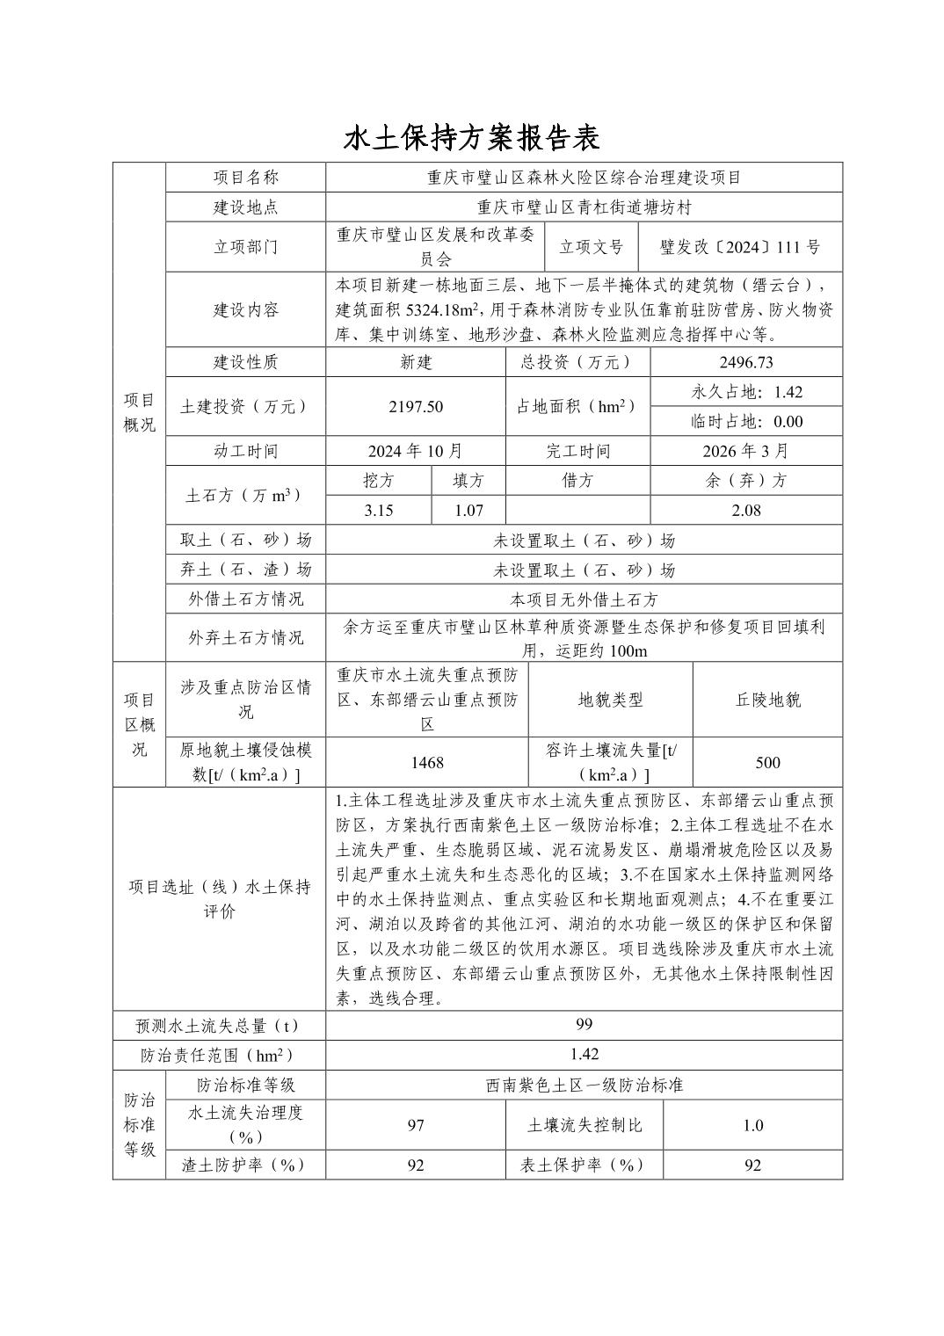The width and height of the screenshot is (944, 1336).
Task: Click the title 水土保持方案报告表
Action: pyautogui.click(x=471, y=138)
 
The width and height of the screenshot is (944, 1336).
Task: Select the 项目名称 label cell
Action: pyautogui.click(x=246, y=178)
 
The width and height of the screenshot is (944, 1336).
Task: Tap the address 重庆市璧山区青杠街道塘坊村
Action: pyautogui.click(x=584, y=207)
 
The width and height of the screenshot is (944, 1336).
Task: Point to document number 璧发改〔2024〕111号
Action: pyautogui.click(x=739, y=247)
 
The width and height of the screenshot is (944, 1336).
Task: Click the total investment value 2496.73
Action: pyautogui.click(x=746, y=362)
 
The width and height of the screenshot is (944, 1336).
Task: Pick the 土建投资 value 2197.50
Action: pyautogui.click(x=416, y=406)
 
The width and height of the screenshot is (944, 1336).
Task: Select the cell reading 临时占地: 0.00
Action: pyautogui.click(x=746, y=421)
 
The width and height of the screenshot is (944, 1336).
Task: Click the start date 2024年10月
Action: pyautogui.click(x=416, y=451)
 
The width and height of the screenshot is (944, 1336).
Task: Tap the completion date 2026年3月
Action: pyautogui.click(x=746, y=451)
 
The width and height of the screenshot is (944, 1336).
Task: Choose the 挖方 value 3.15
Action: pyautogui.click(x=378, y=510)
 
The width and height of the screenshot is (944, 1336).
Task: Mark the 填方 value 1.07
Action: pyautogui.click(x=468, y=510)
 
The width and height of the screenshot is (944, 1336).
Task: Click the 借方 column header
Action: pyautogui.click(x=577, y=481)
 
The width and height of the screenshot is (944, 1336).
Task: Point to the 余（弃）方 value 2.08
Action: pyautogui.click(x=746, y=510)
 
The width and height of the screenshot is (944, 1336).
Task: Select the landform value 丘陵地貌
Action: pyautogui.click(x=767, y=700)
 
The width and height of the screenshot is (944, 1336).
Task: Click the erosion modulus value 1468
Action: pyautogui.click(x=427, y=762)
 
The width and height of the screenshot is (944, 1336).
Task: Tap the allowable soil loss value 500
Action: pyautogui.click(x=767, y=762)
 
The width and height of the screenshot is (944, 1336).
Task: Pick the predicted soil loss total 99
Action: pyautogui.click(x=584, y=1025)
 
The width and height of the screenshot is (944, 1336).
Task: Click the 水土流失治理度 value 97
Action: pyautogui.click(x=416, y=1125)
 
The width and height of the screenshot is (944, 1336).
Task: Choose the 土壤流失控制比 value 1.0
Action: pyautogui.click(x=752, y=1125)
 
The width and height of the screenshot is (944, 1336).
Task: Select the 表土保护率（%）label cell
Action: pyautogui.click(x=584, y=1165)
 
